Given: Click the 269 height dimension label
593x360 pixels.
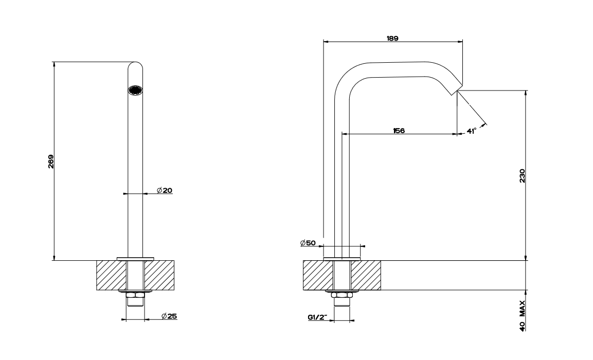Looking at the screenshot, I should click(50, 161).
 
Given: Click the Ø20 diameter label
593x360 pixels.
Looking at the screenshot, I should click(165, 190).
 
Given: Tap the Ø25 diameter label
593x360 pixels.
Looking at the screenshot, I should click(169, 316).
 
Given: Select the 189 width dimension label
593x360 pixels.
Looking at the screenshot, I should click(393, 38).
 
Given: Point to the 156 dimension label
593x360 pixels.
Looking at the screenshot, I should click(399, 131).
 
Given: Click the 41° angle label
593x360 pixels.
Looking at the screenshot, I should click(471, 131).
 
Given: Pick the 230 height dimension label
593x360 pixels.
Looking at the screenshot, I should click(522, 176).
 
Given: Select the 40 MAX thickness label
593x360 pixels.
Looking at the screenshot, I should click(522, 315).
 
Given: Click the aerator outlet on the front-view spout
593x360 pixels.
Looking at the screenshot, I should click(135, 90).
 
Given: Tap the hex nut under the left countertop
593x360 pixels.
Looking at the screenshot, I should click(135, 295).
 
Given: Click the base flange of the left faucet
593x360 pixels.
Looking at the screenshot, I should click(135, 258).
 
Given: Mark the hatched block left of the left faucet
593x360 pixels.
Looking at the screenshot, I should click(111, 276).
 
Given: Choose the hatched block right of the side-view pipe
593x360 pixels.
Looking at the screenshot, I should click(366, 276).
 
